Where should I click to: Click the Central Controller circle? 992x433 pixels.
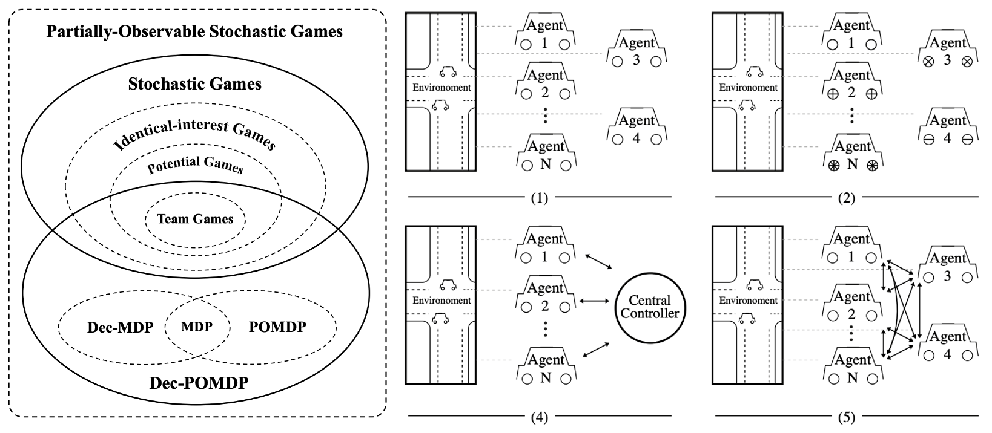[649, 307]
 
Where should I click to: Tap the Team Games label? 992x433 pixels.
[195, 219]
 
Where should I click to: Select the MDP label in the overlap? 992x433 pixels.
[197, 327]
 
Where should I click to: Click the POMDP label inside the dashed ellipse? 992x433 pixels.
[277, 327]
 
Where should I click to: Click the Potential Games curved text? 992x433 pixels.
[195, 164]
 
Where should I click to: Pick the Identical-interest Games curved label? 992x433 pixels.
[195, 134]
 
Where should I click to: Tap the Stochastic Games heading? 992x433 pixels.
[195, 83]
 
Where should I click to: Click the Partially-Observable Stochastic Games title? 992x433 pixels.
[195, 31]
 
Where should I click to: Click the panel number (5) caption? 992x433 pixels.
[846, 416]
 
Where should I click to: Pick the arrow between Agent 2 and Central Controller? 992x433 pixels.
[594, 301]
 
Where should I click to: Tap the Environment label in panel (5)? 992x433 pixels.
[748, 301]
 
